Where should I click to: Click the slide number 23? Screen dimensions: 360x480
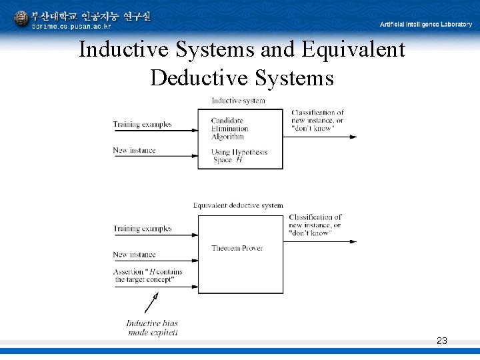click(441, 341)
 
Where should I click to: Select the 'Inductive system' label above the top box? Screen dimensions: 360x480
click(238, 101)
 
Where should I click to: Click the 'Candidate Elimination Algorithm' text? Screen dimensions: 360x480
click(229, 129)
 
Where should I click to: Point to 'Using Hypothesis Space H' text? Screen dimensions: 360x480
click(240, 155)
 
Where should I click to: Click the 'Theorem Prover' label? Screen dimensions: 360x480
click(237, 248)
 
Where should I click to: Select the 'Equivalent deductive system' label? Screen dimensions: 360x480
click(238, 205)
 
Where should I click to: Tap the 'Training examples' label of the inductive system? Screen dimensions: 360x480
click(142, 124)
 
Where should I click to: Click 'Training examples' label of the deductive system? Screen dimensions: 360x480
click(142, 229)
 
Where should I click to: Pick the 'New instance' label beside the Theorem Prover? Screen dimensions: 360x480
click(134, 255)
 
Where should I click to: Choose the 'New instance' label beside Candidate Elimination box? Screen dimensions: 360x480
click(134, 151)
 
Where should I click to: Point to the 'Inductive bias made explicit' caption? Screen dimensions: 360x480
click(152, 328)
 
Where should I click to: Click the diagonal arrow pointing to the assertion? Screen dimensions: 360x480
click(151, 304)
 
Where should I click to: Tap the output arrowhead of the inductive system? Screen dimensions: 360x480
click(353, 137)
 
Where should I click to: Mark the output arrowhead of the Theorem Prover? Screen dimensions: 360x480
click(353, 241)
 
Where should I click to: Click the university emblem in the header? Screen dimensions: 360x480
click(21, 19)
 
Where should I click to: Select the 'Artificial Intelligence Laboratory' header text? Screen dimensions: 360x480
click(425, 25)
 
